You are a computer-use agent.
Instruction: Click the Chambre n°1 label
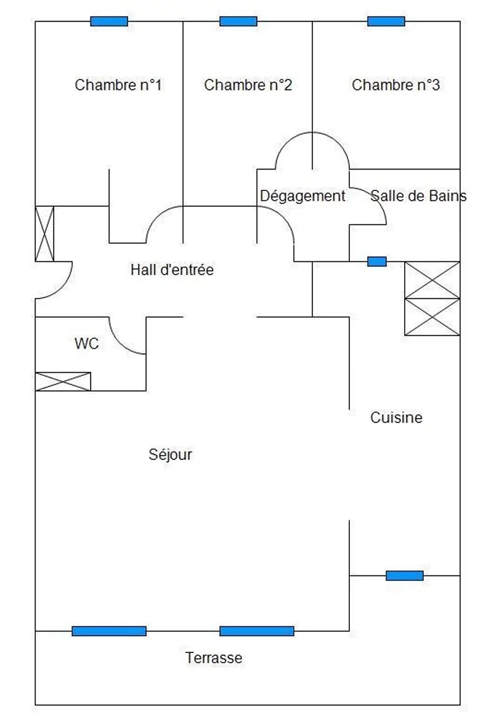tap(118, 85)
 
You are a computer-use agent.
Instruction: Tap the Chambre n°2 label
tap(248, 85)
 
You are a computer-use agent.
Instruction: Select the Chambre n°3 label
tap(396, 85)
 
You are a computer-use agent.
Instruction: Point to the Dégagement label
tap(303, 196)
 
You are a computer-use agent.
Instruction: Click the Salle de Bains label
tap(418, 196)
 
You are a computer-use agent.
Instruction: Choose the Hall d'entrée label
tap(172, 270)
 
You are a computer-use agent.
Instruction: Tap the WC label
tap(86, 344)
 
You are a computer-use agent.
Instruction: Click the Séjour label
tap(170, 455)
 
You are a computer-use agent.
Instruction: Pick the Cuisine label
tap(396, 418)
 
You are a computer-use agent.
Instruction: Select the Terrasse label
tap(214, 657)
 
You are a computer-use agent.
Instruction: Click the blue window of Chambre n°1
tap(109, 22)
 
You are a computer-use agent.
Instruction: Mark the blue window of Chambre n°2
tap(238, 22)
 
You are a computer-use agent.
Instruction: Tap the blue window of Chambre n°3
tap(386, 22)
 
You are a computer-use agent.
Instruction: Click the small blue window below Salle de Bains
tap(377, 262)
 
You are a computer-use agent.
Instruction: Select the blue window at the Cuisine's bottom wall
tap(405, 576)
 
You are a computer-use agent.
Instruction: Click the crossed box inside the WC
tap(63, 381)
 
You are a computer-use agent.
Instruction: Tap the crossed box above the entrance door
tap(45, 233)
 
